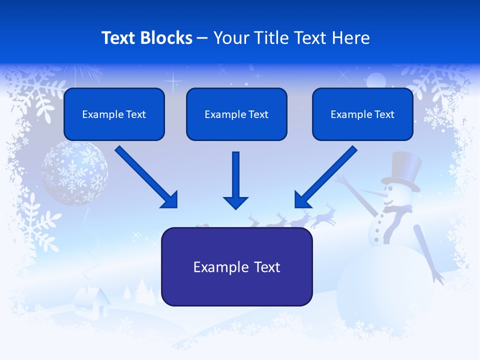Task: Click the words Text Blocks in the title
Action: tap(146, 38)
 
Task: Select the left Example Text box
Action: tap(114, 114)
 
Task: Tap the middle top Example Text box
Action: tap(236, 114)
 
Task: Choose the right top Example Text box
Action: tap(362, 114)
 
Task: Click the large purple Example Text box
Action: tap(236, 267)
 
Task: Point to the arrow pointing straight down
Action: tap(236, 180)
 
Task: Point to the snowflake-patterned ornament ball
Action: tap(74, 172)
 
